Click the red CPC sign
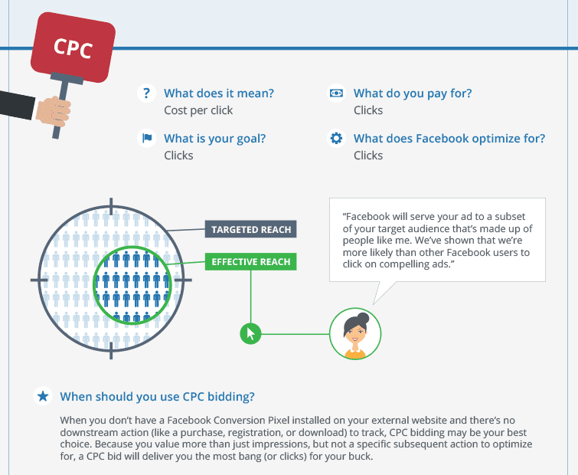(x=73, y=47)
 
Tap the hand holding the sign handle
(x=54, y=111)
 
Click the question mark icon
(x=146, y=93)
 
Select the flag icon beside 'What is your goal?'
(x=146, y=139)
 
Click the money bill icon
(x=336, y=93)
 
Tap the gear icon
(x=336, y=139)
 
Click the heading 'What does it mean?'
(x=219, y=93)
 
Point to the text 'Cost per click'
(x=198, y=110)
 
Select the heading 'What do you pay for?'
(x=413, y=93)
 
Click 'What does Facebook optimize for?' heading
(x=449, y=139)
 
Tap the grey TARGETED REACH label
(x=250, y=229)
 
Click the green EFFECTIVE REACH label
(x=250, y=261)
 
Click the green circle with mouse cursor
(x=250, y=334)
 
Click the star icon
(x=43, y=396)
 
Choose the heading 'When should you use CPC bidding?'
(x=158, y=396)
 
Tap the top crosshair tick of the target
(x=111, y=206)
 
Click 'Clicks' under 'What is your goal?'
(x=178, y=156)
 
